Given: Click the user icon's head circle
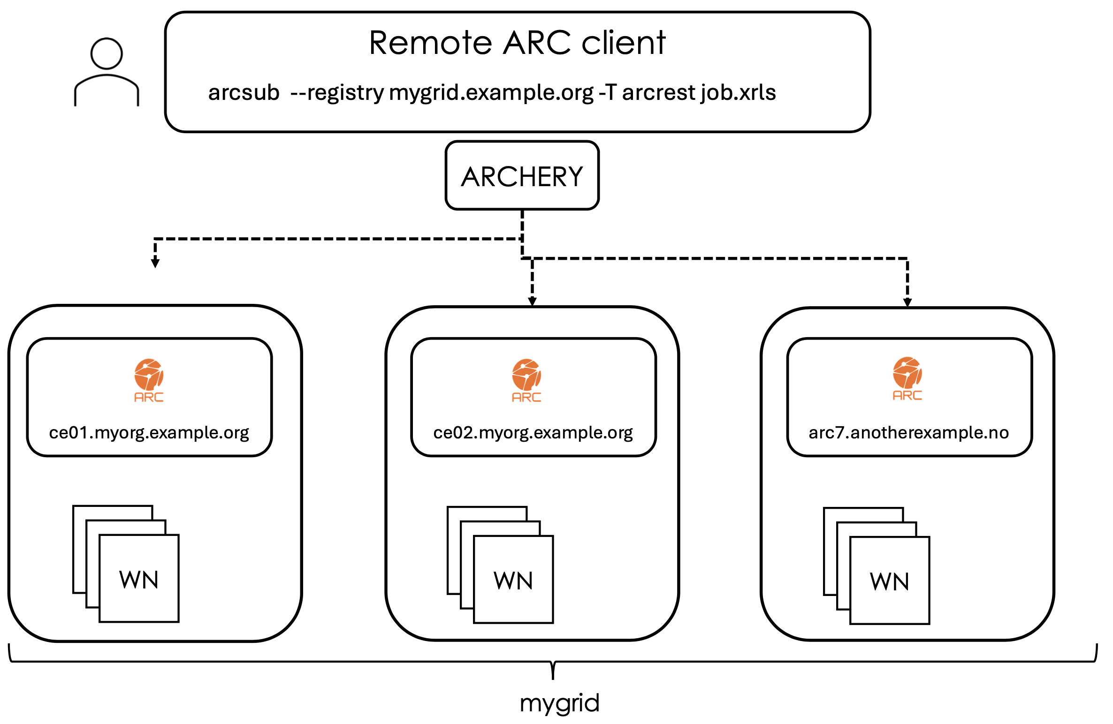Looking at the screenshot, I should pyautogui.click(x=107, y=53).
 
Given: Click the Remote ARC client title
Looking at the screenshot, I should pyautogui.click(x=517, y=43).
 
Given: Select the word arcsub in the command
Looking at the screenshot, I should pyautogui.click(x=244, y=92).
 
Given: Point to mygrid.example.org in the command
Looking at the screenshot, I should pyautogui.click(x=491, y=92).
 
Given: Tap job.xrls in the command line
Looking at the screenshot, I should pyautogui.click(x=738, y=92).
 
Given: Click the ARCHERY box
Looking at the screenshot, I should pyautogui.click(x=522, y=176).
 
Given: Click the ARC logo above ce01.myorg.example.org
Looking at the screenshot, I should pyautogui.click(x=149, y=380).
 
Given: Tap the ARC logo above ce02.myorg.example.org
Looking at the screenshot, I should pyautogui.click(x=526, y=380).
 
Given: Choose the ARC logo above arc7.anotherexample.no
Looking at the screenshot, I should pyautogui.click(x=907, y=378).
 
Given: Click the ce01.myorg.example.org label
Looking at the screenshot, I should pyautogui.click(x=149, y=432).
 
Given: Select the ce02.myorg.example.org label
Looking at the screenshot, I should pyautogui.click(x=533, y=432).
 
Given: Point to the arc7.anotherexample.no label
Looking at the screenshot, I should pyautogui.click(x=908, y=432).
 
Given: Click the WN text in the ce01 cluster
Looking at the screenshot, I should pyautogui.click(x=139, y=580).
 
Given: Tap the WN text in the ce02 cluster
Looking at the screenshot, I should pyautogui.click(x=513, y=581).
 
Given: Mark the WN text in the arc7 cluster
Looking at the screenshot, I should pyautogui.click(x=890, y=581).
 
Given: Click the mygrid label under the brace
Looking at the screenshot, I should pyautogui.click(x=559, y=703).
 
